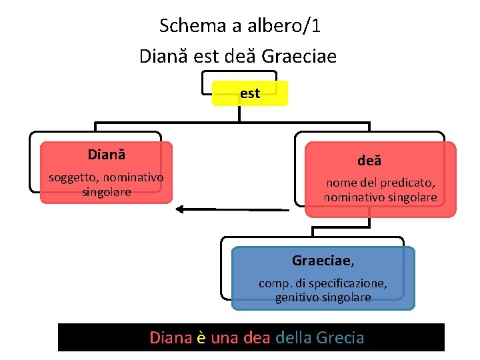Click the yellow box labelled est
250,94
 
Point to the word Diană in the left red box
107,155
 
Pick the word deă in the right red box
369,161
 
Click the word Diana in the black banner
170,337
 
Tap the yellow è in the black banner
201,337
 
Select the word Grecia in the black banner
341,337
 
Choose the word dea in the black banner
257,337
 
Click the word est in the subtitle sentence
206,55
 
